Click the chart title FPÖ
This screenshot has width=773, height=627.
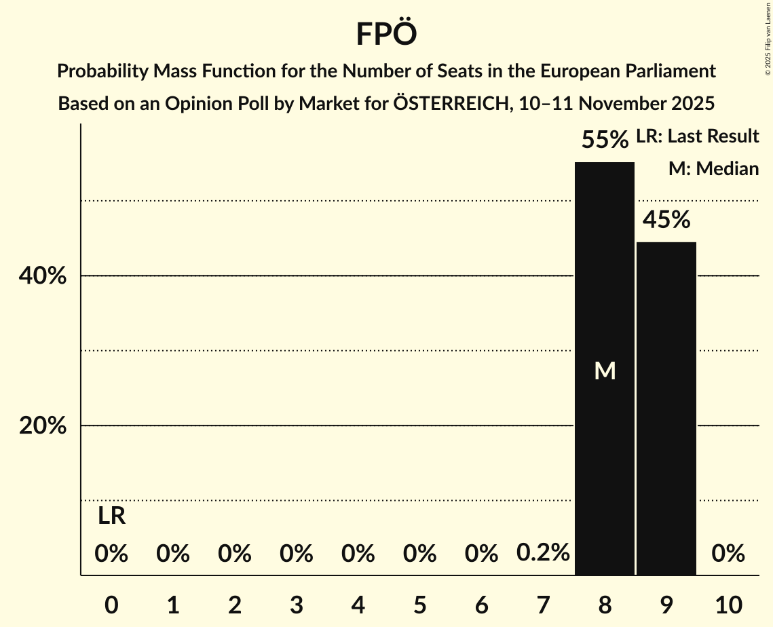coord(385,34)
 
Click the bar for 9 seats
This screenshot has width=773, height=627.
coord(666,408)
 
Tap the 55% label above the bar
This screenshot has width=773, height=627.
coord(605,140)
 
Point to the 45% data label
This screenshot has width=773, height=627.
coord(666,220)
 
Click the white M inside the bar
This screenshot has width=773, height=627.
coord(605,370)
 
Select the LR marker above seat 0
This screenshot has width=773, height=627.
coord(111,516)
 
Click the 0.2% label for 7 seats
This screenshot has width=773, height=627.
coord(543,553)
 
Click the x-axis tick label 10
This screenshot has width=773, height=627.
coord(728,605)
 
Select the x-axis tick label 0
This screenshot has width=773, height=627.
coord(111,605)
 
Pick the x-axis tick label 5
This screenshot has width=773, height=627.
coord(419,605)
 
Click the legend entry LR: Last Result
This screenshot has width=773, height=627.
coord(697,136)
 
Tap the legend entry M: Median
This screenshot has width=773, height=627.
coord(713,169)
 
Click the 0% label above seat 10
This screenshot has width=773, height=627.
coord(728,554)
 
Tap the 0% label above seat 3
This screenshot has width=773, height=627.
coord(297,554)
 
